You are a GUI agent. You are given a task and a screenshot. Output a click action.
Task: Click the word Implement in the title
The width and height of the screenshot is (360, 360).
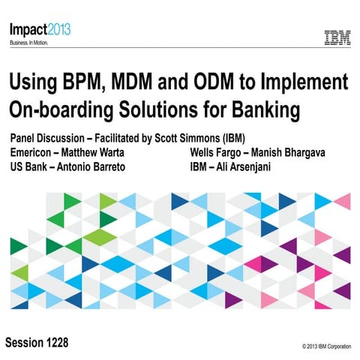pyautogui.click(x=299, y=82)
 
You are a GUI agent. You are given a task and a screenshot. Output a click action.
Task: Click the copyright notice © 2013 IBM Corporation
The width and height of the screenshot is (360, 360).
pyautogui.click(x=326, y=346)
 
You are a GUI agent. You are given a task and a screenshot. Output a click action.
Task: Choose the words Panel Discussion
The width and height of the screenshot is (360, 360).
pyautogui.click(x=49, y=139)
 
